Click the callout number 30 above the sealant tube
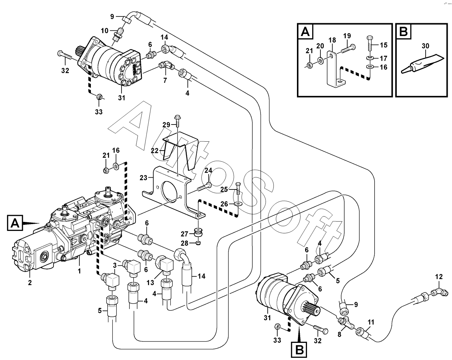tap(425, 46)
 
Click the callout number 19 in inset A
tap(347, 36)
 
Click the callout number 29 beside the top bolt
tap(166, 125)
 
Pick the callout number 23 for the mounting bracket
tap(143, 178)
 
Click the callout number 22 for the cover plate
tap(155, 151)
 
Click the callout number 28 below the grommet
tap(185, 243)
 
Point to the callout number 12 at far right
tap(439, 277)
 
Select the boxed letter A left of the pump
tap(15, 223)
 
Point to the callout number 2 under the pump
tap(30, 283)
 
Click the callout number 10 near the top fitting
tap(104, 31)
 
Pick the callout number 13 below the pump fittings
tap(150, 283)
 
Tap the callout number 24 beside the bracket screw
tap(209, 170)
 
